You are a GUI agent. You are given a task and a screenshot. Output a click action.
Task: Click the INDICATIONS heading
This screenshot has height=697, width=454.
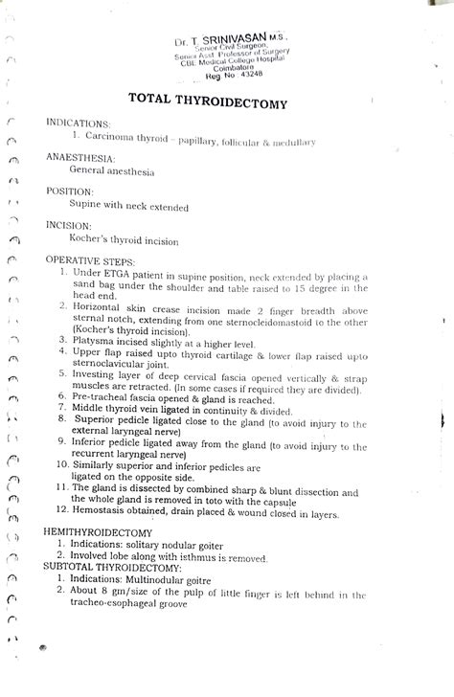(79, 124)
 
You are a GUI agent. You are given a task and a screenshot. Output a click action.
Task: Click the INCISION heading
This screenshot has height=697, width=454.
(70, 225)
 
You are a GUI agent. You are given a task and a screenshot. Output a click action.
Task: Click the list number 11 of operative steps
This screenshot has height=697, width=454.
(59, 487)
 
